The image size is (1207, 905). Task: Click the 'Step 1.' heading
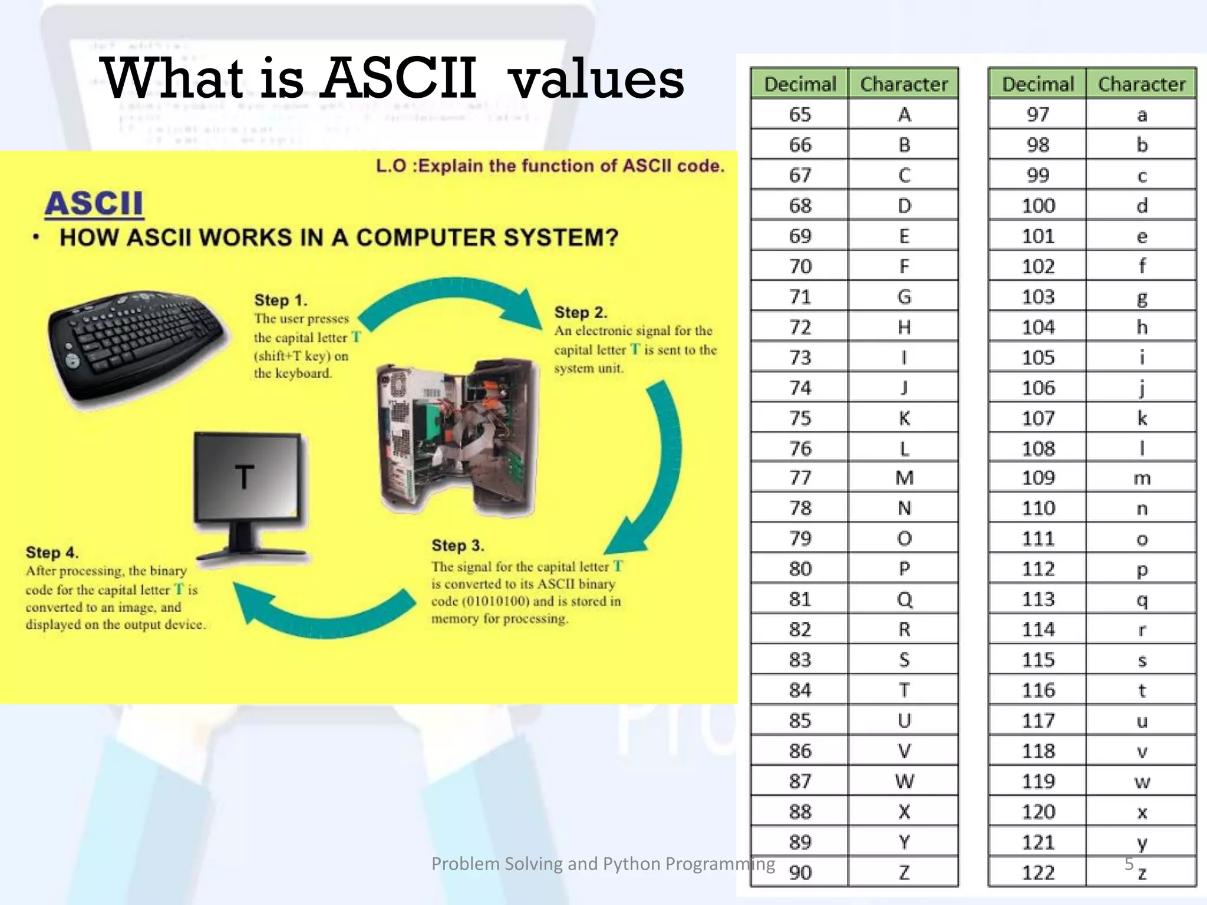(x=281, y=300)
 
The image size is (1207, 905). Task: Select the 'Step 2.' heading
(x=581, y=313)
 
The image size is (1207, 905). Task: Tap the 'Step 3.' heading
(x=457, y=546)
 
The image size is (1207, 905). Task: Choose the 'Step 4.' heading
(x=52, y=553)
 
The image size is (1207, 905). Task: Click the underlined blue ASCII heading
(x=94, y=204)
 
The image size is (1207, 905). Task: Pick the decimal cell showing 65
(x=800, y=114)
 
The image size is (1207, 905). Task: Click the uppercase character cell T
(x=903, y=690)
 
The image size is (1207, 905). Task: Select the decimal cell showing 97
(x=1037, y=114)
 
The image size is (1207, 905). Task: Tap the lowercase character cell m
(x=1142, y=478)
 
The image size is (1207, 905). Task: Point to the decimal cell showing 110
(x=1037, y=508)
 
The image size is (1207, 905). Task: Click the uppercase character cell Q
(x=903, y=599)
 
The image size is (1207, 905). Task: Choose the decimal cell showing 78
(x=800, y=508)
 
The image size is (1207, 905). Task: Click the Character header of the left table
(x=903, y=84)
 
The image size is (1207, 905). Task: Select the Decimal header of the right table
(x=1037, y=84)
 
